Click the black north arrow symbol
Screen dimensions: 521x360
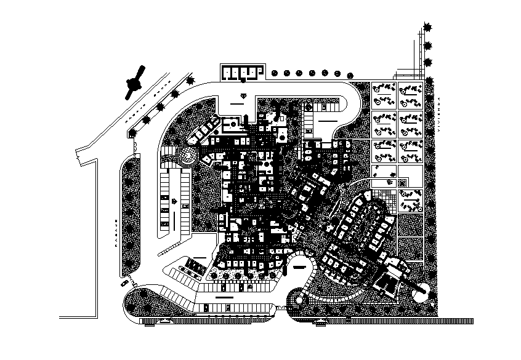pos(135,81)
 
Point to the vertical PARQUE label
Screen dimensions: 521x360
pos(115,233)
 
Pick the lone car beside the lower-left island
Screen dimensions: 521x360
pos(126,282)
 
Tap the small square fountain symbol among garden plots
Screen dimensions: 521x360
pos(403,183)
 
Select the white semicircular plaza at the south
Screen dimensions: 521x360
pos(300,269)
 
